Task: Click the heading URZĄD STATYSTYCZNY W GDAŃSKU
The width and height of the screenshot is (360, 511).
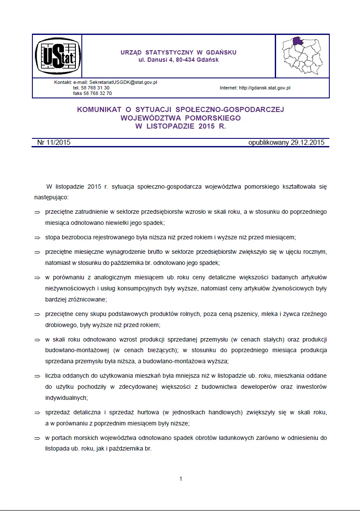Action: (x=179, y=52)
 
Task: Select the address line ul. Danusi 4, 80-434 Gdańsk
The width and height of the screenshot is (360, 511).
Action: (x=179, y=60)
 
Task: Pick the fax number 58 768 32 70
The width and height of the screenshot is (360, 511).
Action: (x=98, y=93)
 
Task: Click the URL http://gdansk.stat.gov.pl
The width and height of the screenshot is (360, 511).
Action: (x=265, y=88)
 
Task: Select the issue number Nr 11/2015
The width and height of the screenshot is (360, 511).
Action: (x=54, y=143)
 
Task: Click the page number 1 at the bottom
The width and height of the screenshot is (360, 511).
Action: (x=181, y=479)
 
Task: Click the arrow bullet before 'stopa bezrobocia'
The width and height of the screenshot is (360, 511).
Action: (x=37, y=238)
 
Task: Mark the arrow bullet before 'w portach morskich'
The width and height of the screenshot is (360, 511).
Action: (x=37, y=438)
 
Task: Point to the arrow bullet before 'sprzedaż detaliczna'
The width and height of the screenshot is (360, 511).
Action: (x=37, y=413)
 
